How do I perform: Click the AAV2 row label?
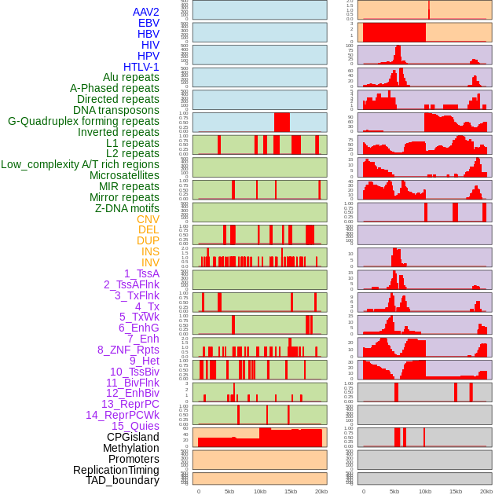click(145, 12)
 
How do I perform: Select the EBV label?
click(148, 23)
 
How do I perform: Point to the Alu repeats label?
click(130, 77)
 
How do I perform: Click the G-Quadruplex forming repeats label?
click(83, 121)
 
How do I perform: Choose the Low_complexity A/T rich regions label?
click(80, 164)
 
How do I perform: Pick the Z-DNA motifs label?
click(126, 208)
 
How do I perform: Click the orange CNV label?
click(148, 219)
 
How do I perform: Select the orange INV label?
click(150, 262)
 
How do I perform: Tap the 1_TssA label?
click(141, 273)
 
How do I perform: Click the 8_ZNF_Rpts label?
click(128, 350)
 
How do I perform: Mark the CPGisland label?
click(133, 437)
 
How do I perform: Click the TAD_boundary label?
click(122, 480)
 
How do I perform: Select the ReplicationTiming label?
click(115, 470)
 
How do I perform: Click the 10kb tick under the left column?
click(260, 491)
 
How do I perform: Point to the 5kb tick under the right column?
click(394, 491)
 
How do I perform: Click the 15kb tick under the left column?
click(291, 491)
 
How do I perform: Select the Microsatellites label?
click(124, 175)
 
